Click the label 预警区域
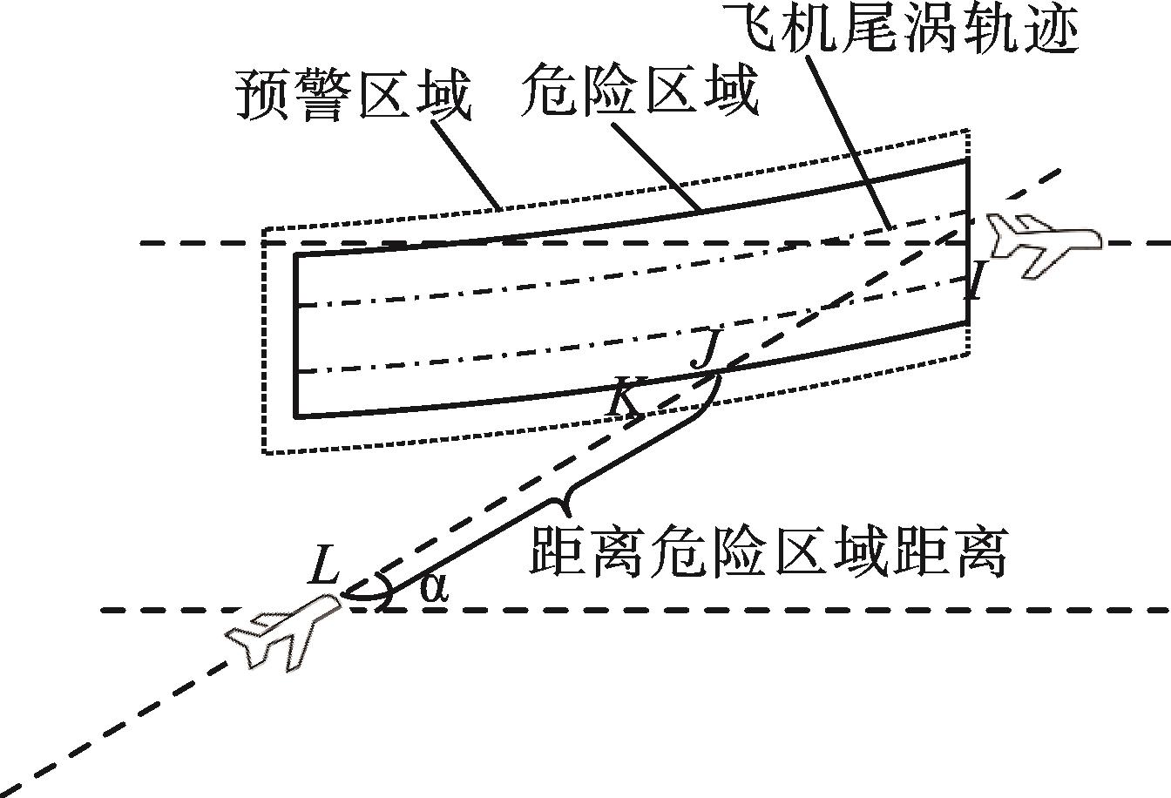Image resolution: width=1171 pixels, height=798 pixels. (353, 99)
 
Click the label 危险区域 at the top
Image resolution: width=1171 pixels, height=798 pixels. (640, 94)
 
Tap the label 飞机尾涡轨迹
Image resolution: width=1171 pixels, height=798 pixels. (903, 28)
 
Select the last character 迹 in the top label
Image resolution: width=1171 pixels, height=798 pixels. (1051, 28)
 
